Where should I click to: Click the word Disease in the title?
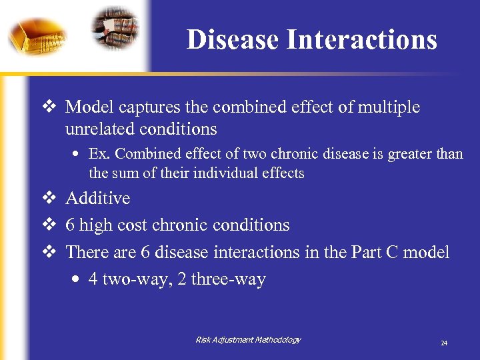click(233, 39)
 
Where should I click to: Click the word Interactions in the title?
click(361, 39)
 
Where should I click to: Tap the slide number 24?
click(444, 343)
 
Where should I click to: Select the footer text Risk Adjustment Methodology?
click(248, 340)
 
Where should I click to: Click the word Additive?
click(98, 198)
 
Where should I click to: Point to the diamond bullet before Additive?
click(48, 198)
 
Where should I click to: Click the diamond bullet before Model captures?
click(48, 107)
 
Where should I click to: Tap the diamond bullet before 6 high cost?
click(48, 225)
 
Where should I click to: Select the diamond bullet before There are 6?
click(48, 252)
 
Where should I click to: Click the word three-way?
click(228, 279)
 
